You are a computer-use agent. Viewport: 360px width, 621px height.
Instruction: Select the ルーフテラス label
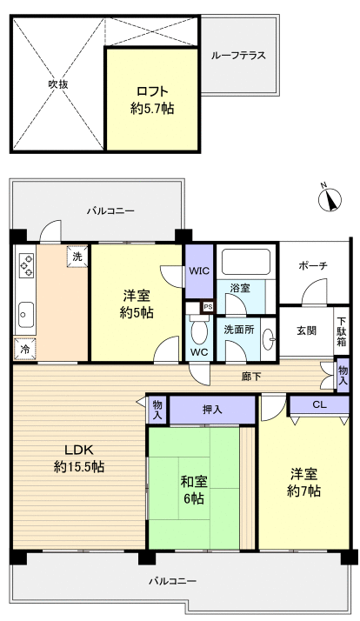point(237,56)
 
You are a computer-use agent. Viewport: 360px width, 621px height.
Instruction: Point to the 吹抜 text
point(57,84)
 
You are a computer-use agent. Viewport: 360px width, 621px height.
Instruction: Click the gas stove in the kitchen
point(25,264)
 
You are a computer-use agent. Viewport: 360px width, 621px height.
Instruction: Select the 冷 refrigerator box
point(24,349)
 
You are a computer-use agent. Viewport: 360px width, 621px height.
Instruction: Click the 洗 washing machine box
point(78,257)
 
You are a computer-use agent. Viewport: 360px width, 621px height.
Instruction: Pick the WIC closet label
point(199,270)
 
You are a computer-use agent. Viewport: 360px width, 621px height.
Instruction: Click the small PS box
point(207,307)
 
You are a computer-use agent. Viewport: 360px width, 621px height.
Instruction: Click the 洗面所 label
point(240,330)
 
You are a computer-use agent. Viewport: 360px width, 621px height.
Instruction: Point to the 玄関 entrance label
point(306,330)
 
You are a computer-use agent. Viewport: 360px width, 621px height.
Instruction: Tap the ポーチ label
point(311,265)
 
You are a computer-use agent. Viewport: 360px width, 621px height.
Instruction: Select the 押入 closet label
point(212,410)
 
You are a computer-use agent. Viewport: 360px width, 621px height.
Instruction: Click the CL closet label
point(318,404)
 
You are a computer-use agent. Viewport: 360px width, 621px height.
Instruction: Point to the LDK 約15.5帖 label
point(78,458)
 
